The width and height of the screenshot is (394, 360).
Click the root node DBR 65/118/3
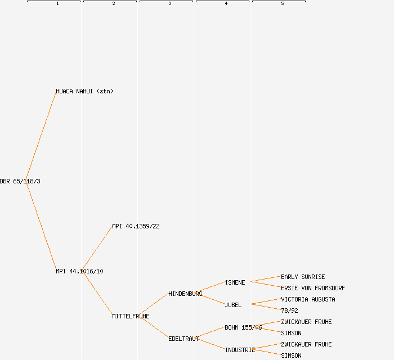click(x=20, y=181)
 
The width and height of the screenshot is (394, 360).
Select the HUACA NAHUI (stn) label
click(x=84, y=91)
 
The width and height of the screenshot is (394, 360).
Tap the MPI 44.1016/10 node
click(x=79, y=271)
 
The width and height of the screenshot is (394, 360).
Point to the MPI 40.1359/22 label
click(x=136, y=226)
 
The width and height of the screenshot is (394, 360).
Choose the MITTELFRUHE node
click(x=131, y=316)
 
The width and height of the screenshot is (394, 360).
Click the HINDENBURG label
click(x=185, y=294)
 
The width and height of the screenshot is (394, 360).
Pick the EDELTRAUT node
click(x=183, y=339)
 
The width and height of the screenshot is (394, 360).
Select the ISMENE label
click(x=235, y=282)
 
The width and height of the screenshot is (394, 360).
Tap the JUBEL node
click(x=233, y=305)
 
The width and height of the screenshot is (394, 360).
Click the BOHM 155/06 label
click(x=243, y=327)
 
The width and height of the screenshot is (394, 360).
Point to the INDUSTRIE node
click(x=240, y=350)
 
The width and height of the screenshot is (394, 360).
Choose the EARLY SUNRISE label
click(x=303, y=277)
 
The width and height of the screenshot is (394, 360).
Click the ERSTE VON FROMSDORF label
click(x=313, y=288)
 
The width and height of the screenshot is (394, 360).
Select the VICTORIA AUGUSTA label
click(x=308, y=299)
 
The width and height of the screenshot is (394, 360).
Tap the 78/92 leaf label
click(x=289, y=310)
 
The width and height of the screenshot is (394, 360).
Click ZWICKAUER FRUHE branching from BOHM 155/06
click(x=306, y=322)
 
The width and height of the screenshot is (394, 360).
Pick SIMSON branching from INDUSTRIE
click(x=291, y=355)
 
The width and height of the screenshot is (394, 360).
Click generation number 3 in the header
click(x=169, y=4)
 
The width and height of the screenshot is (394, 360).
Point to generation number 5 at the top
click(x=282, y=4)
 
